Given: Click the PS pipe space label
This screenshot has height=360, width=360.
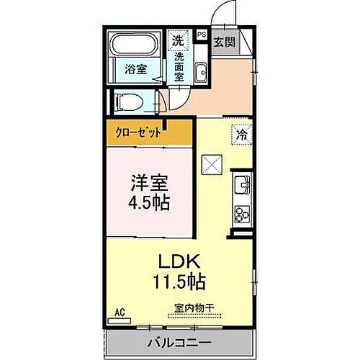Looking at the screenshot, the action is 202,35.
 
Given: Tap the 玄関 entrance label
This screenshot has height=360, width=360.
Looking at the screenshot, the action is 224,42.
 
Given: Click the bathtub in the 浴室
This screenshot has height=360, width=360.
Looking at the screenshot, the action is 135,44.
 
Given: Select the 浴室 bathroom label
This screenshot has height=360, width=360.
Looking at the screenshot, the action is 135,69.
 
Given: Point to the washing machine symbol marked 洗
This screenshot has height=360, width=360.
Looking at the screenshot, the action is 178,40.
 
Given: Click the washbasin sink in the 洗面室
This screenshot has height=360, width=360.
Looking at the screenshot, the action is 200,73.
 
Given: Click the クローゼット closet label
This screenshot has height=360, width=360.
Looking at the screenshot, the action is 138,132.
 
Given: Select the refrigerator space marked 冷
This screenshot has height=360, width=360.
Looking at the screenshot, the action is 241,135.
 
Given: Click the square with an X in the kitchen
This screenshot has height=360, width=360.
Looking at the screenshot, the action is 212,165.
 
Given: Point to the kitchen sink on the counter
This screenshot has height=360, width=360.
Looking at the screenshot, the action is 242,185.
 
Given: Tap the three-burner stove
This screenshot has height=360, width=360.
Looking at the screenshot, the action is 242,214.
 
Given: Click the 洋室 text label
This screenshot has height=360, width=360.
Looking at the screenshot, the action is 149,184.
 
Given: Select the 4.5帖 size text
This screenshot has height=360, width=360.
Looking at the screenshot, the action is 149,202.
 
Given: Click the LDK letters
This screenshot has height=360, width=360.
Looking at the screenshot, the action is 179,261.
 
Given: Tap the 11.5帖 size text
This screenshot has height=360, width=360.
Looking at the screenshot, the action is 179,282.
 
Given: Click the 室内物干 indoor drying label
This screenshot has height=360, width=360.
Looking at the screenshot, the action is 194,308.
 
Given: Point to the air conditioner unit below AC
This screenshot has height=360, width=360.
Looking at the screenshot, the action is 120,321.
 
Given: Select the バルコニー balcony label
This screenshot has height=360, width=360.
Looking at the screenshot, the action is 179,343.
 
